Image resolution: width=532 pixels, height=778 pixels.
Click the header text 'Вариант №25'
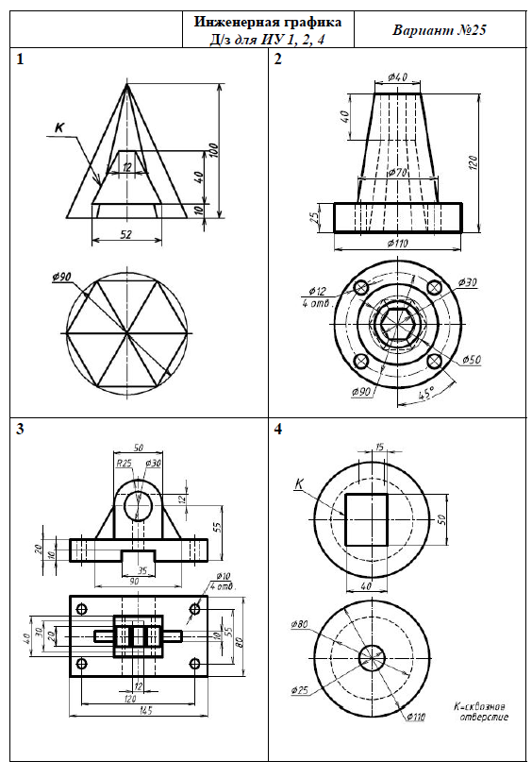point(440,30)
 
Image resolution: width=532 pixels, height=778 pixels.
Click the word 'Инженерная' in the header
point(234,23)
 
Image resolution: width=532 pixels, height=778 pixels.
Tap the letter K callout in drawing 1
point(59,127)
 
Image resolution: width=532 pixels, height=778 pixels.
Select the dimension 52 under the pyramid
point(126,234)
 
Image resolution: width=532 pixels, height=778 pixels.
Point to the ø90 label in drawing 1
point(61,278)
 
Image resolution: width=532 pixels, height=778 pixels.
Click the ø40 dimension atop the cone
point(398,76)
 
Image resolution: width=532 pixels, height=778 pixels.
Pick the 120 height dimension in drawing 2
point(473,164)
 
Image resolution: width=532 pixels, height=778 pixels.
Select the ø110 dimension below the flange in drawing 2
point(398,244)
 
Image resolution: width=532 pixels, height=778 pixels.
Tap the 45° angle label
point(427,394)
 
